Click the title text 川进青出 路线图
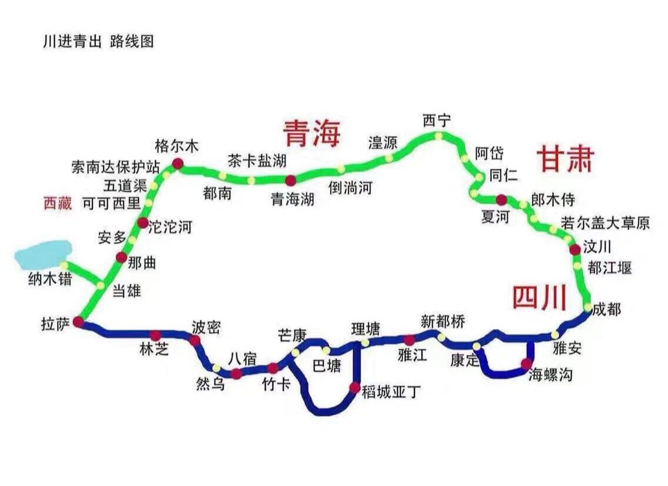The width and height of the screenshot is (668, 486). click(99, 41)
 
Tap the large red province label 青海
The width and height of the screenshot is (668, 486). click(311, 133)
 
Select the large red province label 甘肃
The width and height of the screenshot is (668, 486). click(566, 159)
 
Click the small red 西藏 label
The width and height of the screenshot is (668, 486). click(58, 203)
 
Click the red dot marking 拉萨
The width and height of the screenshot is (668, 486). click(79, 322)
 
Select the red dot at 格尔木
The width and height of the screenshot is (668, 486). click(178, 164)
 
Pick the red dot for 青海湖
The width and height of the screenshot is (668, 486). click(290, 180)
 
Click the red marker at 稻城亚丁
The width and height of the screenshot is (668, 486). click(354, 388)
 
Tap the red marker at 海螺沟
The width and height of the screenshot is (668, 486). click(526, 364)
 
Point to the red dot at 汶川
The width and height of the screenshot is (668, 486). click(575, 249)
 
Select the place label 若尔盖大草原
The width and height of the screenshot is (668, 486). click(605, 223)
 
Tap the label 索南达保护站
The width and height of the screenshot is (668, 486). click(116, 167)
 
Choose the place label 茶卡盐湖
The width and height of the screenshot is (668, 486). click(257, 161)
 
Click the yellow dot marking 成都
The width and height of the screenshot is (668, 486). click(588, 307)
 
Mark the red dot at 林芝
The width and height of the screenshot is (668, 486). click(155, 335)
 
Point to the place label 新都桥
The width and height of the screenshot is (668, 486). click(443, 322)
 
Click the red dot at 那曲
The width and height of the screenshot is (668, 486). click(121, 257)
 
